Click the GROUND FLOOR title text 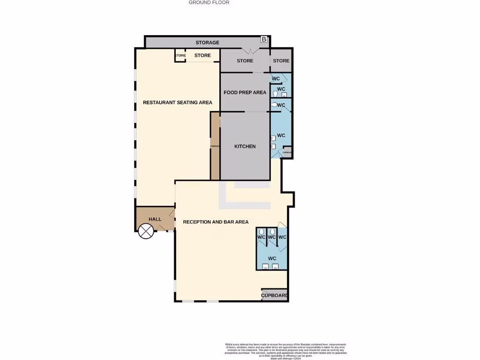coord(209,2)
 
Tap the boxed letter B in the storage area coord(264,39)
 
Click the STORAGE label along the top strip coord(207,43)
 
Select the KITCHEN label coord(245,146)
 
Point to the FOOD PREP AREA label coord(245,92)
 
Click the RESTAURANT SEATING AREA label coord(177,102)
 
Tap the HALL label coord(155,219)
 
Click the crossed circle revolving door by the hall coord(146,231)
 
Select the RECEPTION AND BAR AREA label coord(216,222)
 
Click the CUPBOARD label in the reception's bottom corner coord(274,295)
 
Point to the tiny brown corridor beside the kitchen coord(215,146)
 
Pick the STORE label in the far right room coord(281,60)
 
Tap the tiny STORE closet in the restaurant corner coord(180,55)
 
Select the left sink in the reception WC coord(265,267)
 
